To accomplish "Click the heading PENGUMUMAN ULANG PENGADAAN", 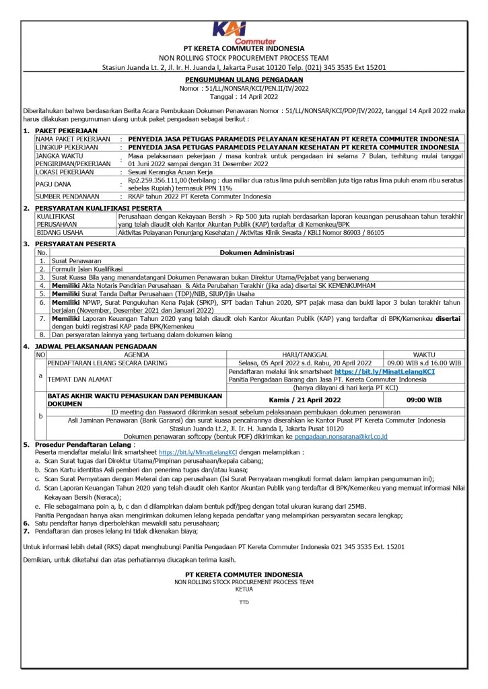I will (244, 79).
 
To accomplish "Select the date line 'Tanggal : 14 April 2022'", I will (244, 95).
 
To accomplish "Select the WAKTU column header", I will (424, 353).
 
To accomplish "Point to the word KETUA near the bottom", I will (244, 588).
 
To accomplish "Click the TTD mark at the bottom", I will (244, 602).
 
